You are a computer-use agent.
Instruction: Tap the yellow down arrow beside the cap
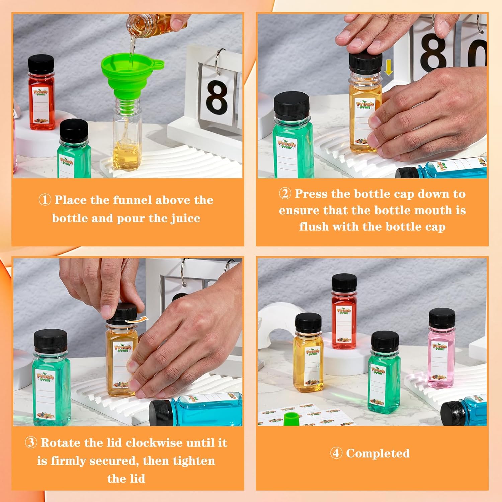(388, 68)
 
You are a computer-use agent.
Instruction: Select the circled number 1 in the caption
(45, 200)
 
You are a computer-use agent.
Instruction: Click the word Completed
(378, 453)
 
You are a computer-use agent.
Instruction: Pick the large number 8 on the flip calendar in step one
(217, 97)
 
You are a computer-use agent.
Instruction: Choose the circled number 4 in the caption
(336, 453)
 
